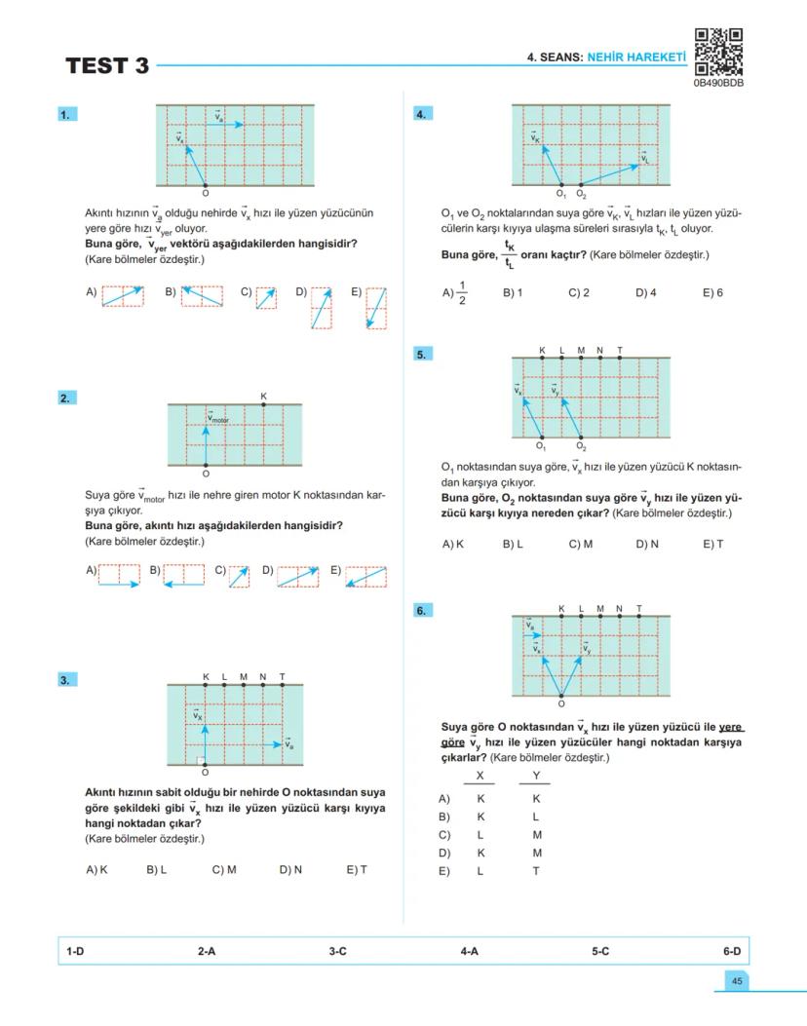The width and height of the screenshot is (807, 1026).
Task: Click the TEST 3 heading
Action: tap(107, 66)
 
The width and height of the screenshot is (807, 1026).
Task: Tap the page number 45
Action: tap(736, 981)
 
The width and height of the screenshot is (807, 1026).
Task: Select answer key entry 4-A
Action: tap(469, 951)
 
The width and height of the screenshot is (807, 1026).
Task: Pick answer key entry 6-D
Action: tap(731, 951)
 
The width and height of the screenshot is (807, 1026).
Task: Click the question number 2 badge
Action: tap(65, 398)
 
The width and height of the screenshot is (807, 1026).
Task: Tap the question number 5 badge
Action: tap(421, 355)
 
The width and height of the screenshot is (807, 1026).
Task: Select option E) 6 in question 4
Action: tap(712, 292)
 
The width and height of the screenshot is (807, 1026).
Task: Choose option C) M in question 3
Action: tap(224, 870)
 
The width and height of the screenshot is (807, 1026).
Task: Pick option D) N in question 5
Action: tap(647, 545)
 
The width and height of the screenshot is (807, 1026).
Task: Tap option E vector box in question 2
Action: tap(366, 577)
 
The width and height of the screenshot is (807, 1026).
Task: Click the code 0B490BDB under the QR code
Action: tap(718, 84)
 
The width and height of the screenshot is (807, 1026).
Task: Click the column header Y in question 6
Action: tap(535, 777)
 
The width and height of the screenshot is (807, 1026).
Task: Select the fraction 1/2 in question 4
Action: tap(462, 292)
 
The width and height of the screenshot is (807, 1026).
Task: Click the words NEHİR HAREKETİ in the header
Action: tap(635, 57)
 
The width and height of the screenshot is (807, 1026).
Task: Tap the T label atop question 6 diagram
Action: tap(639, 609)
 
